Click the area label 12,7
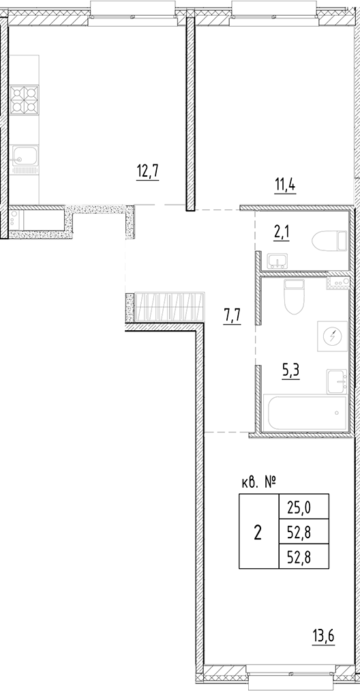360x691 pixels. click(147, 170)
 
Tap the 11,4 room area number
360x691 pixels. click(284, 183)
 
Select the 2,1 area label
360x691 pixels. click(281, 234)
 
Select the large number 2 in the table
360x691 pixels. click(258, 532)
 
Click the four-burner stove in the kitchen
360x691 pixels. click(25, 100)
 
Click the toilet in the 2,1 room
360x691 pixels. click(327, 241)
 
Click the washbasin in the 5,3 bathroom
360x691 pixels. click(337, 381)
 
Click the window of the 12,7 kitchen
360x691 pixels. click(117, 10)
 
